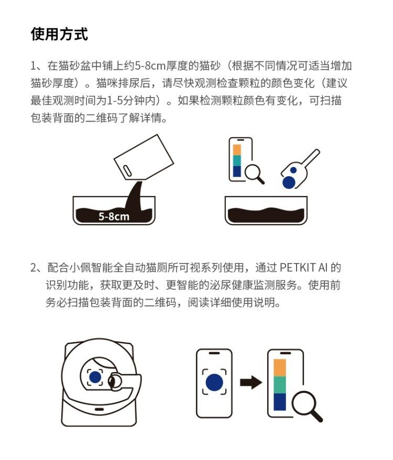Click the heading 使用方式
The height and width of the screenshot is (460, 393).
59,34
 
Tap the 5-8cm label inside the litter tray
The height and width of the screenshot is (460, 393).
114,216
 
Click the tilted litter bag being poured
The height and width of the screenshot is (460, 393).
144,157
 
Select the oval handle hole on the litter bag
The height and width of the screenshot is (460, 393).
127,171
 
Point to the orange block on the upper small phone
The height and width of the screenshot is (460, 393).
237,150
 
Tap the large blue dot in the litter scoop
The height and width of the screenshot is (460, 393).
289,182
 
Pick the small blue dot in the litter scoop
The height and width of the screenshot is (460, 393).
293,170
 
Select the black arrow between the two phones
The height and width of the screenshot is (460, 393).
251,382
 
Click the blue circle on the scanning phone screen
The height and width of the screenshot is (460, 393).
214,382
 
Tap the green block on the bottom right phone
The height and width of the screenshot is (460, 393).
280,385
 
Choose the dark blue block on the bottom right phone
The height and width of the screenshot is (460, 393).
280,402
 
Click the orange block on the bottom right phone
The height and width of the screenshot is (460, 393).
280,368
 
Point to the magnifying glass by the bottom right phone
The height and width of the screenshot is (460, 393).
307,407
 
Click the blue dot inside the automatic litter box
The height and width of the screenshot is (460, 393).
95,377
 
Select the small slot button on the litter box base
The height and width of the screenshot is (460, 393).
99,409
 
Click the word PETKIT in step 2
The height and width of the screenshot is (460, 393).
297,268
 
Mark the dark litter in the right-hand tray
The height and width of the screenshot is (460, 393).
266,215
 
